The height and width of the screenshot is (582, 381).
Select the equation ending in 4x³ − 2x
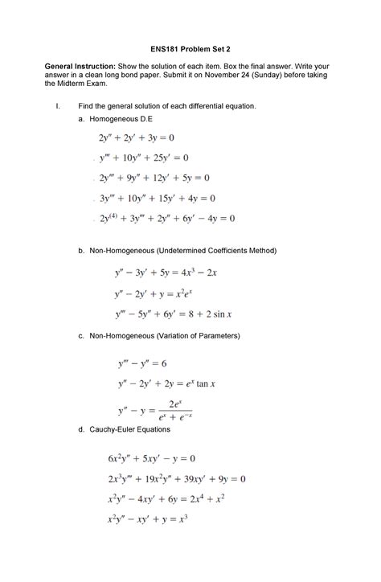(166, 273)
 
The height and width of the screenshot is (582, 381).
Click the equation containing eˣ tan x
(166, 384)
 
